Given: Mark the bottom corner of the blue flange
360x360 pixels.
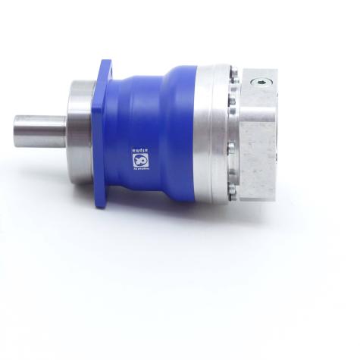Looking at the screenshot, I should [102, 206].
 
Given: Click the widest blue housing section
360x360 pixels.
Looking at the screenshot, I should [171, 129].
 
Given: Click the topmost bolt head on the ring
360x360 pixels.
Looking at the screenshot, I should [233, 74].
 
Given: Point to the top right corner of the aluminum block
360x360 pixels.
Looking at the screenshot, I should [276, 70].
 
